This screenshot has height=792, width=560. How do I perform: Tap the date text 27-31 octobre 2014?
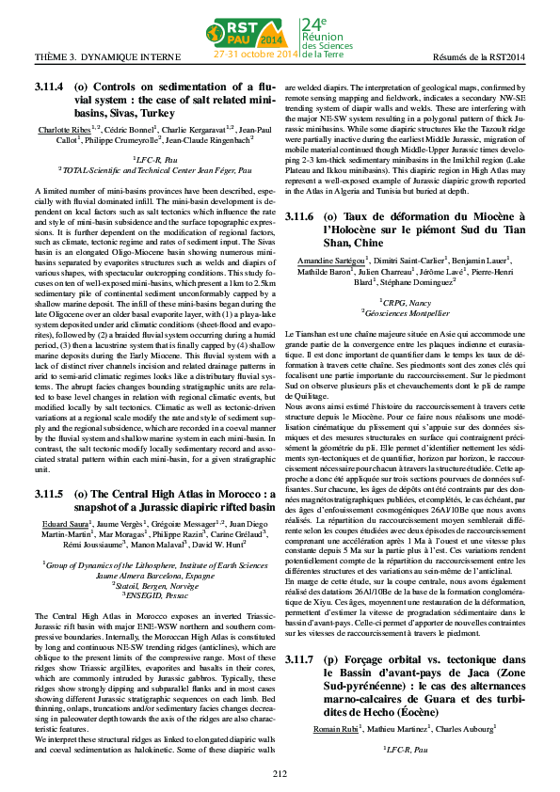click(255, 55)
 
